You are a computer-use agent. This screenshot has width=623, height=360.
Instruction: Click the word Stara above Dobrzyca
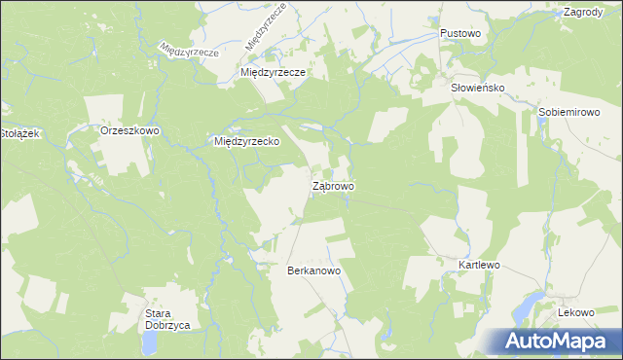click(160, 312)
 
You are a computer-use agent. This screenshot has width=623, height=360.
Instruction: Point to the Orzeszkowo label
click(129, 129)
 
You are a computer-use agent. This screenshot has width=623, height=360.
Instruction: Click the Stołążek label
click(18, 133)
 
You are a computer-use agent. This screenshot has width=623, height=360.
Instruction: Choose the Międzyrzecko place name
click(247, 141)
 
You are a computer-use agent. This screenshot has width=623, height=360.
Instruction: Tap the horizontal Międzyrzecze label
click(274, 73)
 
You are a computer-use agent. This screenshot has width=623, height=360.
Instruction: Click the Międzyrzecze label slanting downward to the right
click(189, 50)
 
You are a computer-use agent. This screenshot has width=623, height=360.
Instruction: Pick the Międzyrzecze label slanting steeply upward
click(265, 27)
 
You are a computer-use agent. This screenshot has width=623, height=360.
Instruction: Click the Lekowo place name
click(575, 312)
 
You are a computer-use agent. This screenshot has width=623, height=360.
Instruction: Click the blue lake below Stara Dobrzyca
click(150, 342)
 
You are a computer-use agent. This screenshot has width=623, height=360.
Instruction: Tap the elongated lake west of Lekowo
click(527, 307)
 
